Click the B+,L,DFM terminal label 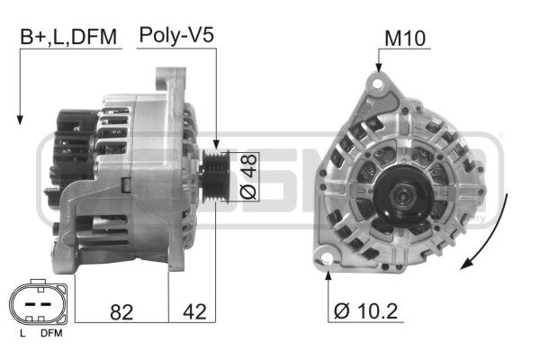[x=68, y=37]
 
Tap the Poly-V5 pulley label [x=176, y=36]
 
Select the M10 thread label [x=405, y=38]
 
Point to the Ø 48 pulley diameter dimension [x=248, y=176]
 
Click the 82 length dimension [x=121, y=312]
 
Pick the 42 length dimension [x=194, y=311]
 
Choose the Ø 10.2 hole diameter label [x=365, y=311]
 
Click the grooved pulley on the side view [x=216, y=176]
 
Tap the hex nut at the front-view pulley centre [x=402, y=195]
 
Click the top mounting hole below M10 [x=379, y=84]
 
